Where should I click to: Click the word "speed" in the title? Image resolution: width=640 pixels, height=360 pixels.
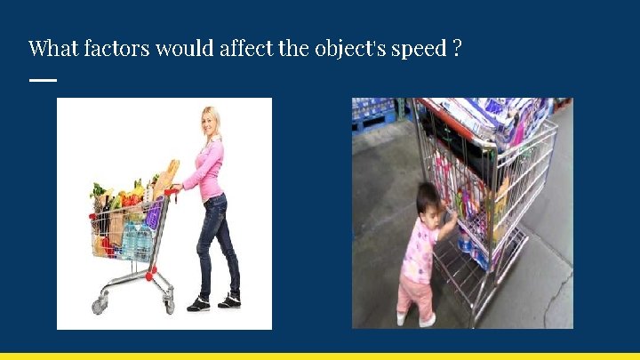point(418,50)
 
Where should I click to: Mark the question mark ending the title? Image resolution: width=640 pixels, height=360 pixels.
point(456,48)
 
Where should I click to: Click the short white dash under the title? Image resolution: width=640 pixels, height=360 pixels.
point(42,80)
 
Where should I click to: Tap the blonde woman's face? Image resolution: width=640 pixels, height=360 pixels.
point(212,123)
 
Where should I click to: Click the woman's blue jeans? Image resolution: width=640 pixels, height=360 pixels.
point(218,240)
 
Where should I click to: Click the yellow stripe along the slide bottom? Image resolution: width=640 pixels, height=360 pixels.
point(320,356)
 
